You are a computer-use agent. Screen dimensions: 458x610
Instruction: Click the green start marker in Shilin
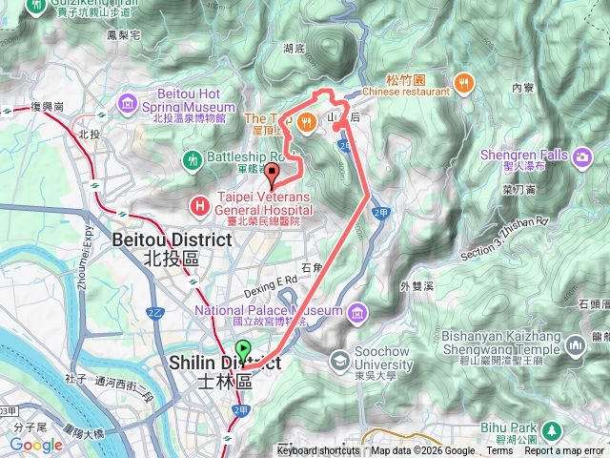click(x=243, y=350)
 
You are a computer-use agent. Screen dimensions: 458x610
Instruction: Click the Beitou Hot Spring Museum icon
click(x=128, y=100)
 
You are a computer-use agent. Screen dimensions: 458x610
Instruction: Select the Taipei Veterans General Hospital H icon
click(x=199, y=203)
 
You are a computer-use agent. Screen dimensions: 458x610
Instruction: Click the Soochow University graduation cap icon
click(x=340, y=361)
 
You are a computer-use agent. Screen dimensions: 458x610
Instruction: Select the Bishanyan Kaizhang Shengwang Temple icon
click(x=575, y=344)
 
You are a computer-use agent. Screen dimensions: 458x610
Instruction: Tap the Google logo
click(x=36, y=445)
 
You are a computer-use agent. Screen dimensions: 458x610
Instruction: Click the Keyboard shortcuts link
click(x=317, y=451)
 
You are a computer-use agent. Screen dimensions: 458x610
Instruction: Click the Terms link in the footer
click(x=498, y=451)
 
